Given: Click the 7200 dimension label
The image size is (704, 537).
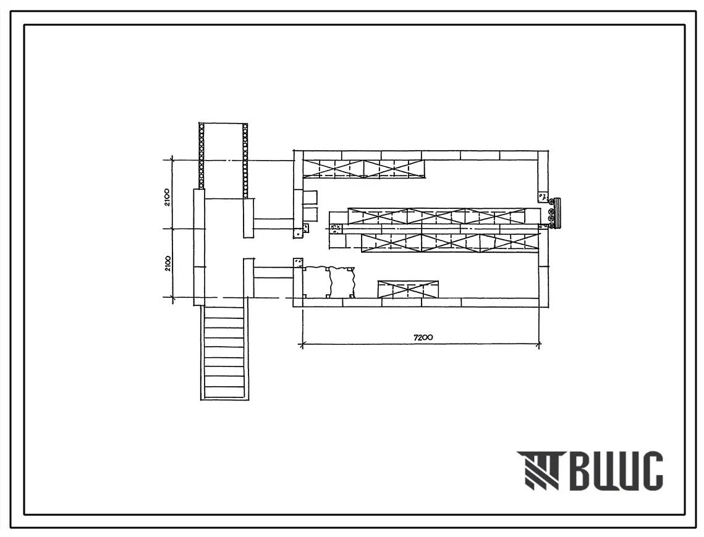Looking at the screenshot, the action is [423, 337].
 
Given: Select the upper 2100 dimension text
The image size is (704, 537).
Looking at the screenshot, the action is [167, 197].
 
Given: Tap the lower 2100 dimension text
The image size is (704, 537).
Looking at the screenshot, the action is [167, 264].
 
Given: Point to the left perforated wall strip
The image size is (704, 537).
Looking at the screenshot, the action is [201, 155].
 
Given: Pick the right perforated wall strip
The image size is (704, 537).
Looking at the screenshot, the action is [245, 160].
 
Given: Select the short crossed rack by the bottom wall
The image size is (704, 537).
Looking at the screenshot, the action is [408, 289].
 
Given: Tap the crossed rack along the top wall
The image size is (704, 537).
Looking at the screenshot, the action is [363, 169].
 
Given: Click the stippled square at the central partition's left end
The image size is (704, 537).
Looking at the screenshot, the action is [336, 229].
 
